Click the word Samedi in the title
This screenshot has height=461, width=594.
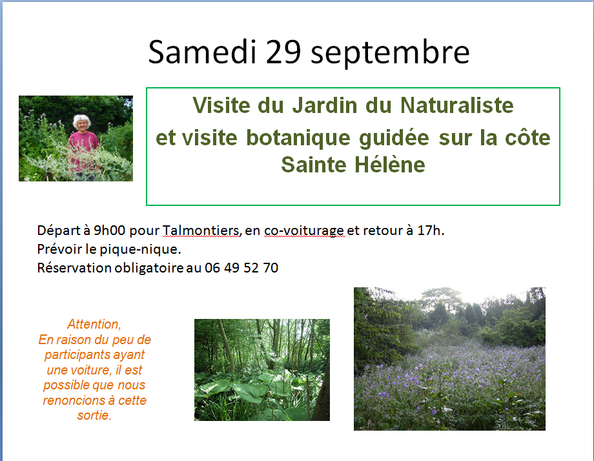203,52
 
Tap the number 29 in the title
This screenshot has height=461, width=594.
283,52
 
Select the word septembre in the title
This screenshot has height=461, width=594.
390,54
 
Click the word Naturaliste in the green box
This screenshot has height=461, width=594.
457,105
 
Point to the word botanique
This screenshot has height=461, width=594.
298,138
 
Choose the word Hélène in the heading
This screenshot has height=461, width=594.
390,165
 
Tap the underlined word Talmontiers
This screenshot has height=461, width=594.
201,230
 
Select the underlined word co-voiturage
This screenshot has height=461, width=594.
304,230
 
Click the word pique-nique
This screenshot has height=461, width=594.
140,249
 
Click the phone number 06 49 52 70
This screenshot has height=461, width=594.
241,268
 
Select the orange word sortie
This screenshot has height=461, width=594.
94,415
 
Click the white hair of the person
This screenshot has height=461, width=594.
82,121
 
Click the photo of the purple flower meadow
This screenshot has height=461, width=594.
449,359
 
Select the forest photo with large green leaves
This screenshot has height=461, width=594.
262,370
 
